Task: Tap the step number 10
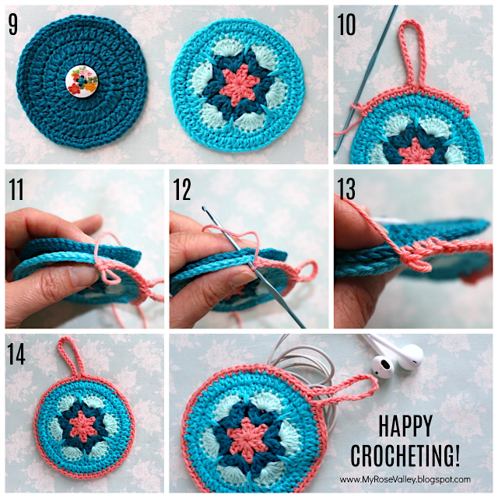pos(347,24)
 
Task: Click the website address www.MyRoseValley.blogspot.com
pos(405,479)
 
